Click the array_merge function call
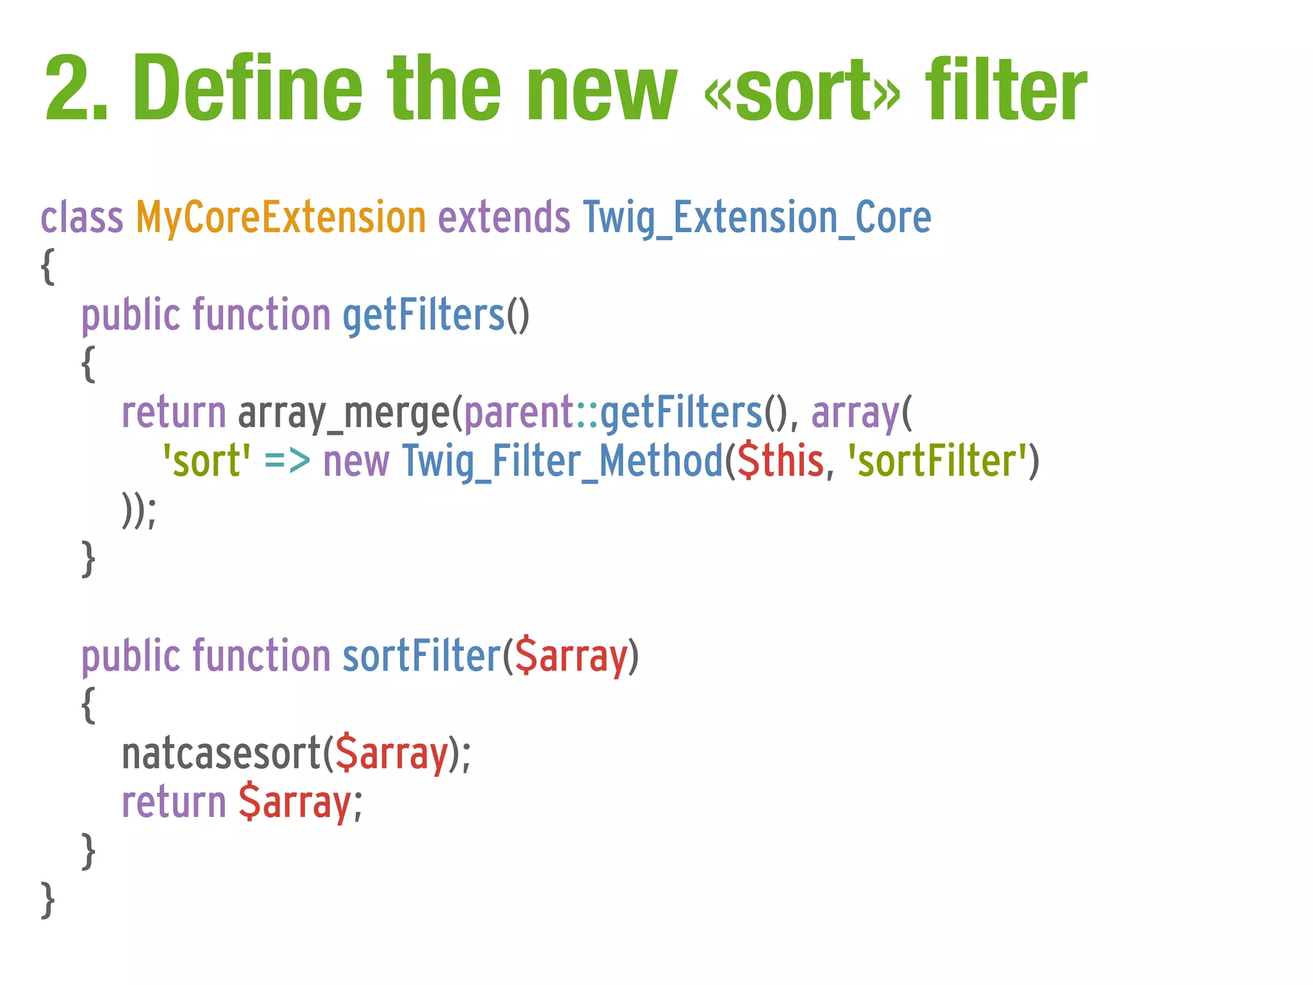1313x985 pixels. (x=344, y=413)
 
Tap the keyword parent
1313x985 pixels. (x=518, y=413)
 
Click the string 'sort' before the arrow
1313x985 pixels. (x=206, y=462)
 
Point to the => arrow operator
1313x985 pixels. (x=287, y=462)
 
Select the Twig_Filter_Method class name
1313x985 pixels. (x=562, y=462)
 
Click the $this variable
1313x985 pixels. (x=780, y=462)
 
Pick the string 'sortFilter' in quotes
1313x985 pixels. (x=937, y=462)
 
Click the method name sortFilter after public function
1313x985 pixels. (x=421, y=657)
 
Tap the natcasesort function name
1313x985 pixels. (x=221, y=754)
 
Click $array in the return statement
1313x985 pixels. (x=294, y=803)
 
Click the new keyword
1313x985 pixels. (x=356, y=462)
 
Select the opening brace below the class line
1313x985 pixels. (x=47, y=266)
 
